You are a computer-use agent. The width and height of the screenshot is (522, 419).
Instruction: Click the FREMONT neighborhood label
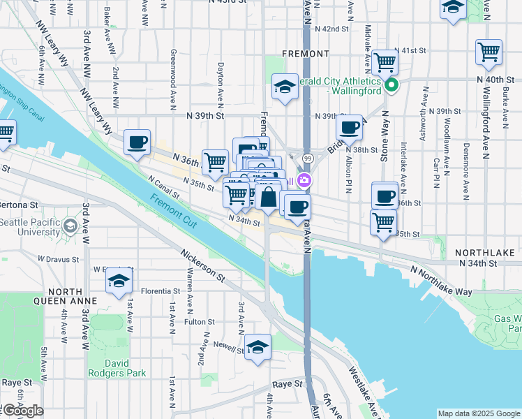pyautogui.click(x=305, y=53)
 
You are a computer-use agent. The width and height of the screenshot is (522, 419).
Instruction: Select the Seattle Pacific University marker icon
pyautogui.click(x=70, y=226)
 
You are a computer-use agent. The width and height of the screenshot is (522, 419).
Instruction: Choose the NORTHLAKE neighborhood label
pyautogui.click(x=484, y=251)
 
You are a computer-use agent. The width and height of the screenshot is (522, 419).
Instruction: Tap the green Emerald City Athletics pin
pyautogui.click(x=391, y=86)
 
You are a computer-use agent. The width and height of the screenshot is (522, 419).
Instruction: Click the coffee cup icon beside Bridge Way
pyautogui.click(x=349, y=128)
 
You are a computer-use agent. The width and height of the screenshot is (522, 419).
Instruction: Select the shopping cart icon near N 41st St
pyautogui.click(x=385, y=62)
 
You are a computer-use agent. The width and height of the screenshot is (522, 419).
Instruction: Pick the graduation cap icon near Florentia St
pyautogui.click(x=119, y=281)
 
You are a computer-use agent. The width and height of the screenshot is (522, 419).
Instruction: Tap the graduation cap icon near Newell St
pyautogui.click(x=258, y=346)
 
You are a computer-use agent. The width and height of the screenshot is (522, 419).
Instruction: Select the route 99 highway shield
pyautogui.click(x=307, y=160)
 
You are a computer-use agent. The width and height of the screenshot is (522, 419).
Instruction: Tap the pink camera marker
pyautogui.click(x=304, y=181)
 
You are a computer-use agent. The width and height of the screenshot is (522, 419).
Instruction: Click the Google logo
pyautogui.click(x=22, y=411)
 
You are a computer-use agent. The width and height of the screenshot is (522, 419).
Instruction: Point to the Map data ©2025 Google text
pyautogui.click(x=478, y=413)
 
